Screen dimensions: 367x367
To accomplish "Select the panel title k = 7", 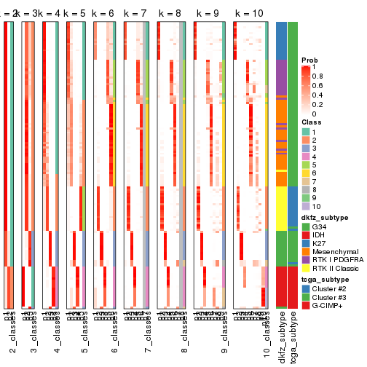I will click(x=135, y=14).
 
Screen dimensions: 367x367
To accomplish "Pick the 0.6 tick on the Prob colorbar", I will click(x=317, y=85).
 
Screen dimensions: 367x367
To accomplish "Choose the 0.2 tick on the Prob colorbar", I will click(x=317, y=104).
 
